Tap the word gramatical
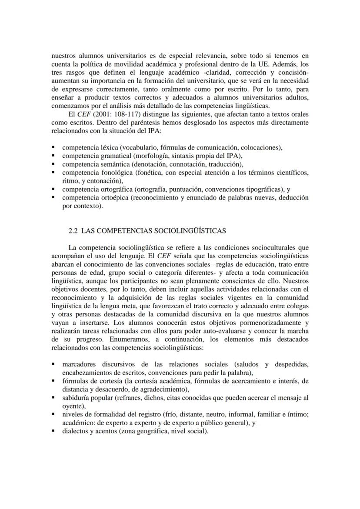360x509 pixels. (114, 156)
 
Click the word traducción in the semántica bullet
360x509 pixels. (225, 164)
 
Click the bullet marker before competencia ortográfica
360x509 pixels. (53, 190)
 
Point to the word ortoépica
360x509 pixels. (113, 198)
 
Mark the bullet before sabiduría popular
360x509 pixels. (53, 398)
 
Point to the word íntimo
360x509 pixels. (298, 414)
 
